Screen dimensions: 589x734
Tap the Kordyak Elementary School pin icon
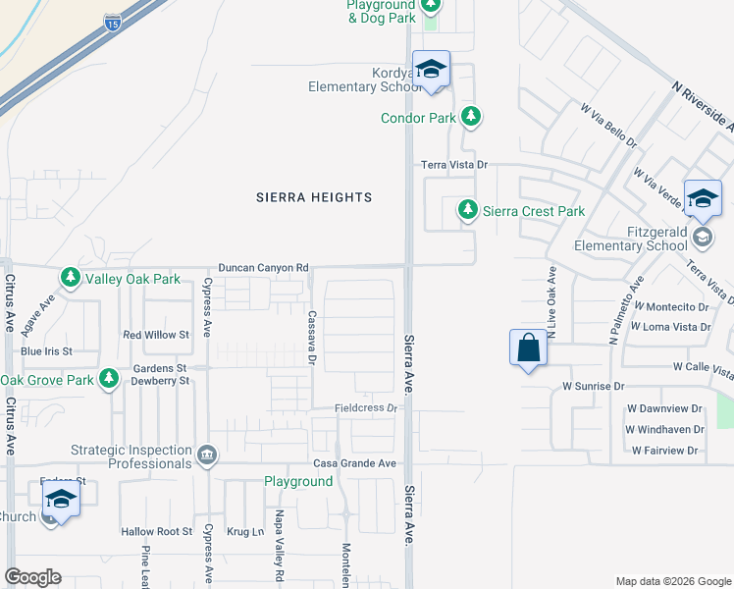[x=431, y=70]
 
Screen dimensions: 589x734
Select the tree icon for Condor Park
[x=472, y=118]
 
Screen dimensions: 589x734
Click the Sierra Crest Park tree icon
[x=468, y=210]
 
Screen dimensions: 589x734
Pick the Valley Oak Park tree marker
[x=71, y=279]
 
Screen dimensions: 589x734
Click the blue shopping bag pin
[x=528, y=348]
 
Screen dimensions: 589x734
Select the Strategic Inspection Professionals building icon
[x=207, y=455]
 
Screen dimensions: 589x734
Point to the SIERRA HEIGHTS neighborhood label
[x=314, y=197]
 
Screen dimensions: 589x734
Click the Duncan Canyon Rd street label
[x=263, y=267]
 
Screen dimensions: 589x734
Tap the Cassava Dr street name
[x=310, y=340]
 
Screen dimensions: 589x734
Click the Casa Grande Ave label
[x=354, y=463]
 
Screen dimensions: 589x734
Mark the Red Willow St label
[x=155, y=335]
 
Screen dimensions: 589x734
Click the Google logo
[x=32, y=577]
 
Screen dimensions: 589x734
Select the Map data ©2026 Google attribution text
[x=672, y=581]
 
